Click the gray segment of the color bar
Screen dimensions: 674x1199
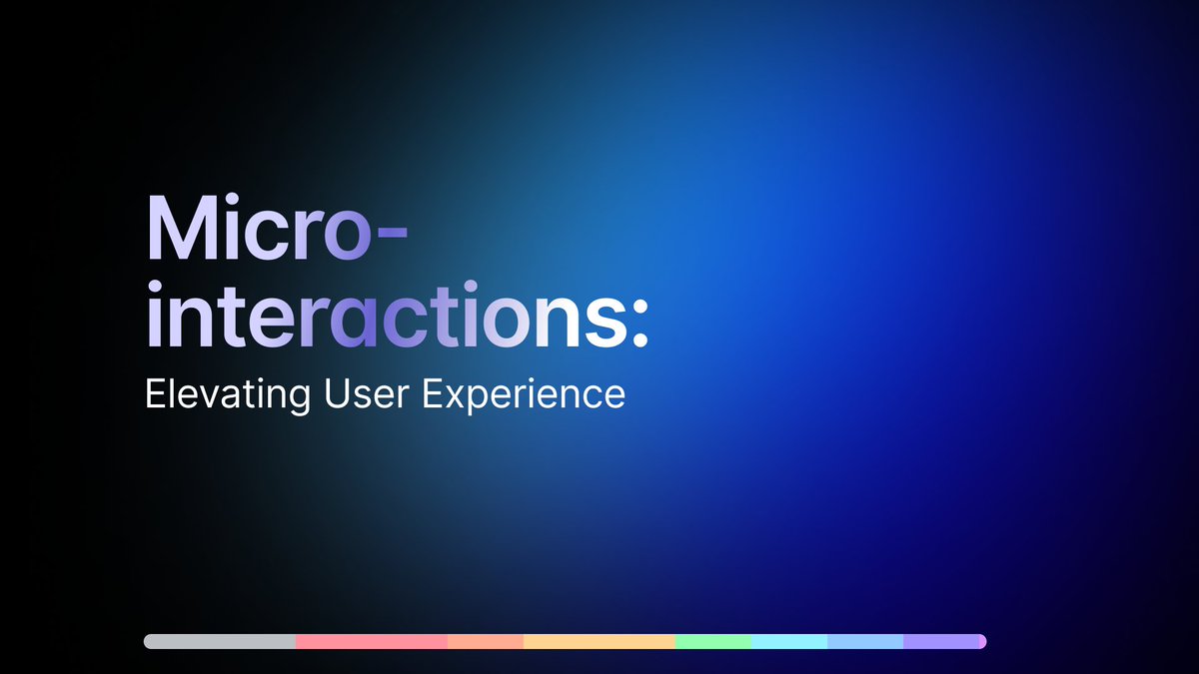pyautogui.click(x=220, y=641)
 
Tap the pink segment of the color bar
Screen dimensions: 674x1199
pyautogui.click(x=371, y=641)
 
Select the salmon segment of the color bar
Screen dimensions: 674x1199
pyautogui.click(x=485, y=641)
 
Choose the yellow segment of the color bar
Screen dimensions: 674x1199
pyautogui.click(x=599, y=641)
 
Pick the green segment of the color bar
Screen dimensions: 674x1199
pyautogui.click(x=712, y=641)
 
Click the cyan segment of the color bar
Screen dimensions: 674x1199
pyautogui.click(x=788, y=641)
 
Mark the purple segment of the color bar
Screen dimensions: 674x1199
pyautogui.click(x=944, y=641)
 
